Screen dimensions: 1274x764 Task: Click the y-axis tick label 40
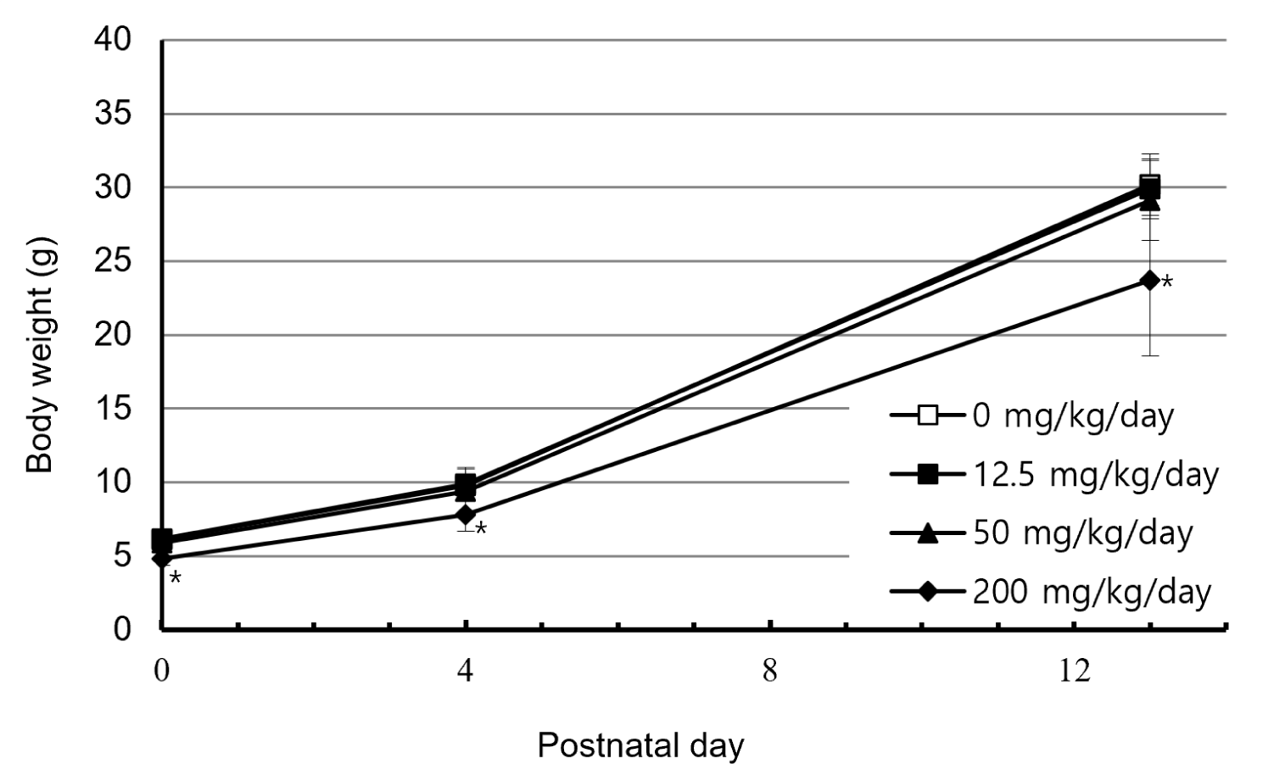pyautogui.click(x=113, y=40)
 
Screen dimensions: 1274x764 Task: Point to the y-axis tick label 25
pyautogui.click(x=113, y=261)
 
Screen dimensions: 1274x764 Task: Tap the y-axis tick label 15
pyautogui.click(x=113, y=408)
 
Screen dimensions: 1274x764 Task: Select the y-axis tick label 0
pyautogui.click(x=121, y=629)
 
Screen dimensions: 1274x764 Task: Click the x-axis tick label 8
pyautogui.click(x=769, y=671)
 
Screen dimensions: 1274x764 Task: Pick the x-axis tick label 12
pyautogui.click(x=1075, y=671)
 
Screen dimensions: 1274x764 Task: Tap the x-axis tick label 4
pyautogui.click(x=465, y=671)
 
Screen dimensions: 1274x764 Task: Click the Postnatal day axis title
pyautogui.click(x=640, y=746)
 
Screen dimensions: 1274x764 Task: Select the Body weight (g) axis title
pyautogui.click(x=40, y=354)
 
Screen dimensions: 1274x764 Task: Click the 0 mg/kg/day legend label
pyautogui.click(x=1073, y=416)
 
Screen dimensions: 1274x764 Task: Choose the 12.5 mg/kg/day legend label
pyautogui.click(x=1095, y=475)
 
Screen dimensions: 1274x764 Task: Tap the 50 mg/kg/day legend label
pyautogui.click(x=1083, y=533)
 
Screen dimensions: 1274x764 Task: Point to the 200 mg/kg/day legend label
pyautogui.click(x=1092, y=593)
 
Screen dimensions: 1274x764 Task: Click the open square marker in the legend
pyautogui.click(x=928, y=415)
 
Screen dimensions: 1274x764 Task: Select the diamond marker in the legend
pyautogui.click(x=928, y=592)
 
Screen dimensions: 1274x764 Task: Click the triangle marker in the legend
pyautogui.click(x=928, y=533)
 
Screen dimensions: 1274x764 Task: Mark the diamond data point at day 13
pyautogui.click(x=1150, y=280)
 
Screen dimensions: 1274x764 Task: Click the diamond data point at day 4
pyautogui.click(x=466, y=515)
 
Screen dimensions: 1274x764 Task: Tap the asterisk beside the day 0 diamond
pyautogui.click(x=176, y=578)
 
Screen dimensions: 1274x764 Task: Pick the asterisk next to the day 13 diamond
pyautogui.click(x=1166, y=281)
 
